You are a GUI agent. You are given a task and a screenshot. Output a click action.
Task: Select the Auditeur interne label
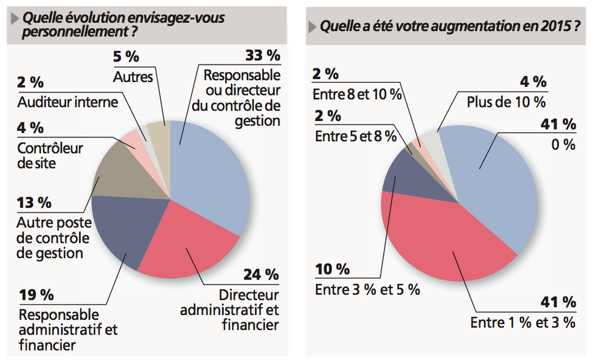click(68, 102)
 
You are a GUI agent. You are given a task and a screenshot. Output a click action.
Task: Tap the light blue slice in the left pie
click(213, 176)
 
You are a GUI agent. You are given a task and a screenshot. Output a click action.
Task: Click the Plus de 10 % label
click(507, 102)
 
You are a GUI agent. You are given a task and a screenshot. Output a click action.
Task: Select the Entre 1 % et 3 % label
click(522, 322)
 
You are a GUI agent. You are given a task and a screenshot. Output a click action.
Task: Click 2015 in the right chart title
click(552, 27)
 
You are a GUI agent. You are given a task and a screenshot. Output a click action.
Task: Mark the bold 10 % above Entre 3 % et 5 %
click(332, 269)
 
